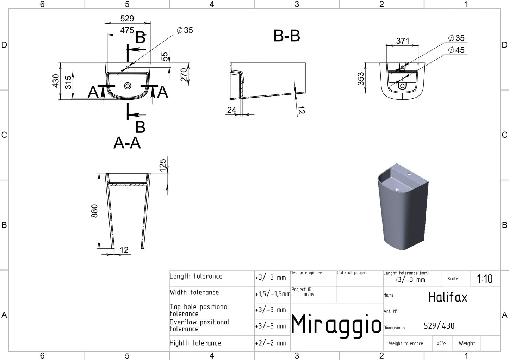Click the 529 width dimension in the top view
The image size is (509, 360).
tap(127, 18)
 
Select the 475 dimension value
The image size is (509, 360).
tap(127, 30)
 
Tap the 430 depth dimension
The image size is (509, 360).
tap(56, 81)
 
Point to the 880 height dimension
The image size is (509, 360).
tap(94, 211)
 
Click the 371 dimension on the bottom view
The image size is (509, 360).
tap(403, 41)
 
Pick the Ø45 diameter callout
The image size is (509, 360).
tap(456, 50)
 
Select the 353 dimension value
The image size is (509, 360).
tap(361, 79)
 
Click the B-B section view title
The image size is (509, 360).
tap(286, 36)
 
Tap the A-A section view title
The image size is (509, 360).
tap(127, 143)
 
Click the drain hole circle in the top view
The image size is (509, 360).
tap(128, 86)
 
